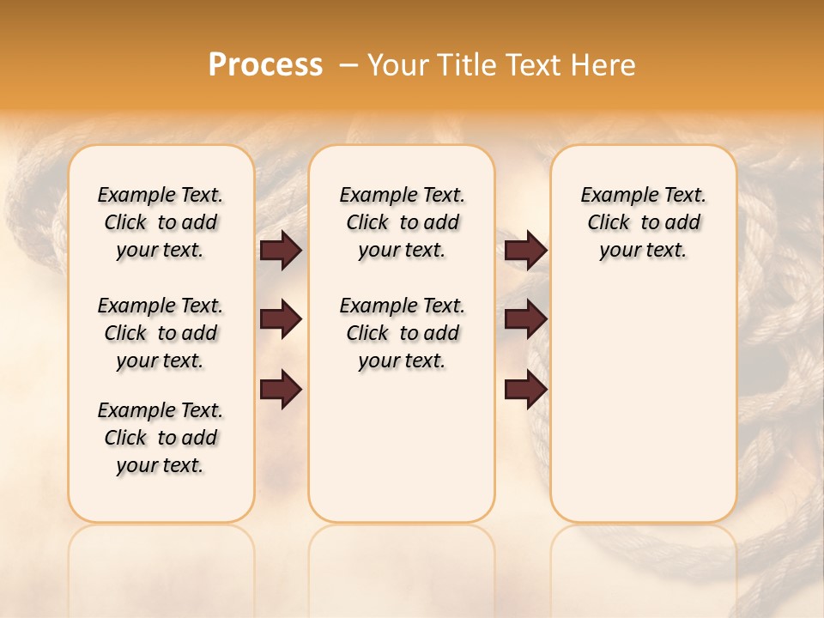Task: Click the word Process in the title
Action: click(x=265, y=65)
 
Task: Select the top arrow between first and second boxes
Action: click(x=281, y=250)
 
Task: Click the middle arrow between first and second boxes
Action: click(x=281, y=320)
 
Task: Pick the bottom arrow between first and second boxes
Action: click(x=281, y=390)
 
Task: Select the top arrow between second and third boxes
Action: click(x=525, y=250)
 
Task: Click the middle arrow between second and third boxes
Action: click(x=525, y=320)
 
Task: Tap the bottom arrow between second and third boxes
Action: click(x=525, y=390)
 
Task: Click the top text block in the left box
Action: click(x=161, y=222)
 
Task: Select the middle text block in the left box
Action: click(x=161, y=333)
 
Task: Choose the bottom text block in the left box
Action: click(x=161, y=438)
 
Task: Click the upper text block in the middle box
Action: click(x=402, y=222)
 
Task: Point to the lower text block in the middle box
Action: click(x=402, y=333)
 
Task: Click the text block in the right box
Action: click(x=643, y=222)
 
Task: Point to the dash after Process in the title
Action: click(x=348, y=65)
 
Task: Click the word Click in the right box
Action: click(x=609, y=223)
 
